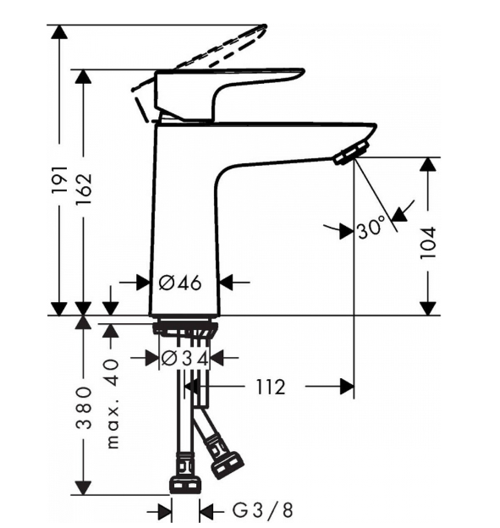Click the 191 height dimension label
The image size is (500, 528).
click(60, 180)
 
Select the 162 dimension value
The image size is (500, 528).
click(83, 190)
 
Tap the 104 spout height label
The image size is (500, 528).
click(428, 243)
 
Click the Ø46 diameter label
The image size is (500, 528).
click(180, 283)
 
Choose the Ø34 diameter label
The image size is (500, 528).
click(184, 358)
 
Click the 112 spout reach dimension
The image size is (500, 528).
click(271, 387)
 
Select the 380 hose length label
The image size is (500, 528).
click(83, 408)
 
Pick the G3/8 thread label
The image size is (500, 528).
click(262, 510)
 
